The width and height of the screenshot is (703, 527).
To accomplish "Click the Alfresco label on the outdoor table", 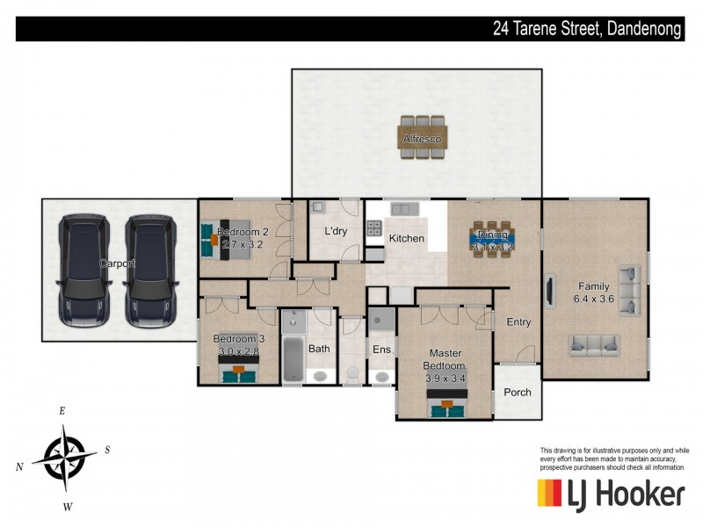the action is (x=422, y=139).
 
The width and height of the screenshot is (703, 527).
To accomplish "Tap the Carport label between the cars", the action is (x=117, y=263).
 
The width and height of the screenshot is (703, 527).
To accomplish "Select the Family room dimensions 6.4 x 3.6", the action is (x=594, y=299).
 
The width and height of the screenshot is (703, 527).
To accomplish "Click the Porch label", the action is (x=518, y=392).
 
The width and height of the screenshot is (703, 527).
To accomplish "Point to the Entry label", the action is (x=518, y=321).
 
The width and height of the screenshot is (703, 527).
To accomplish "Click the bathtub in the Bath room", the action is (x=294, y=359).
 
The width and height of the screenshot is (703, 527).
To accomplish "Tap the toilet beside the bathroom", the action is (x=353, y=375).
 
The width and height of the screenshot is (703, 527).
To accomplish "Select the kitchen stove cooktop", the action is (x=374, y=228).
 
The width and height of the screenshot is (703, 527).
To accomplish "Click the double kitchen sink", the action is (x=405, y=209).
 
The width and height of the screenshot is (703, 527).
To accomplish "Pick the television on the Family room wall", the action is (x=549, y=292).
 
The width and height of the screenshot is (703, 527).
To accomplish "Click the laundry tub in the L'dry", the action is (x=317, y=207).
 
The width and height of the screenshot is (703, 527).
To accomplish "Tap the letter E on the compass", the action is (x=62, y=410).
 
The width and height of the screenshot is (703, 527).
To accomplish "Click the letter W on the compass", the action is (x=68, y=508).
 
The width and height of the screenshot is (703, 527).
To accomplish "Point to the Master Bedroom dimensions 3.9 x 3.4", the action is (x=446, y=379).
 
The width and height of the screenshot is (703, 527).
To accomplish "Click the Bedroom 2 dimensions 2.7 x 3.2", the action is (x=243, y=245).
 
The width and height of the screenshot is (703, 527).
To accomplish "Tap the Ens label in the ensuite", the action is (x=381, y=349).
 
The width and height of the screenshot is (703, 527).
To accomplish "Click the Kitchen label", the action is (x=406, y=238).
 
